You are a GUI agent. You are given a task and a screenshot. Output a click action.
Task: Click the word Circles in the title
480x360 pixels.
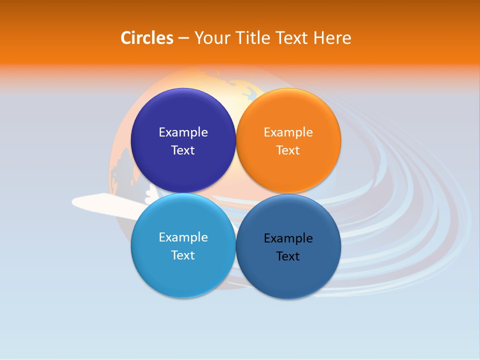[x=146, y=38]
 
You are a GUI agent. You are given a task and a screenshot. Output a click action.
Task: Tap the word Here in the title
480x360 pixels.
[x=332, y=38]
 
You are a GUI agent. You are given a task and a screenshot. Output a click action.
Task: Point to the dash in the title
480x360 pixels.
[x=183, y=38]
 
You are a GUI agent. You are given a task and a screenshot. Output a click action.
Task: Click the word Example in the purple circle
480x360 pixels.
[x=183, y=132]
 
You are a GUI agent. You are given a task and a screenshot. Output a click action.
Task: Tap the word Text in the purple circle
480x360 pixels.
[x=183, y=150]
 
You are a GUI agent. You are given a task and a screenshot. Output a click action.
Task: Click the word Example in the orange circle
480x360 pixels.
[x=288, y=132]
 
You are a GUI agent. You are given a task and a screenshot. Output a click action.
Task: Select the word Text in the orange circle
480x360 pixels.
[x=288, y=150]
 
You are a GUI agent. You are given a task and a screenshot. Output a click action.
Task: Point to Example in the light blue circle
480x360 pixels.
[x=183, y=237]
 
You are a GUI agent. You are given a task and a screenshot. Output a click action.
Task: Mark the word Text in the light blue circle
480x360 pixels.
[x=183, y=255]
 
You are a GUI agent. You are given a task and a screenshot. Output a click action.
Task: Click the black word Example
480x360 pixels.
[x=288, y=238]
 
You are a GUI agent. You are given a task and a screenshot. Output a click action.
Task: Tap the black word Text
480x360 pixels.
[x=288, y=256]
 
